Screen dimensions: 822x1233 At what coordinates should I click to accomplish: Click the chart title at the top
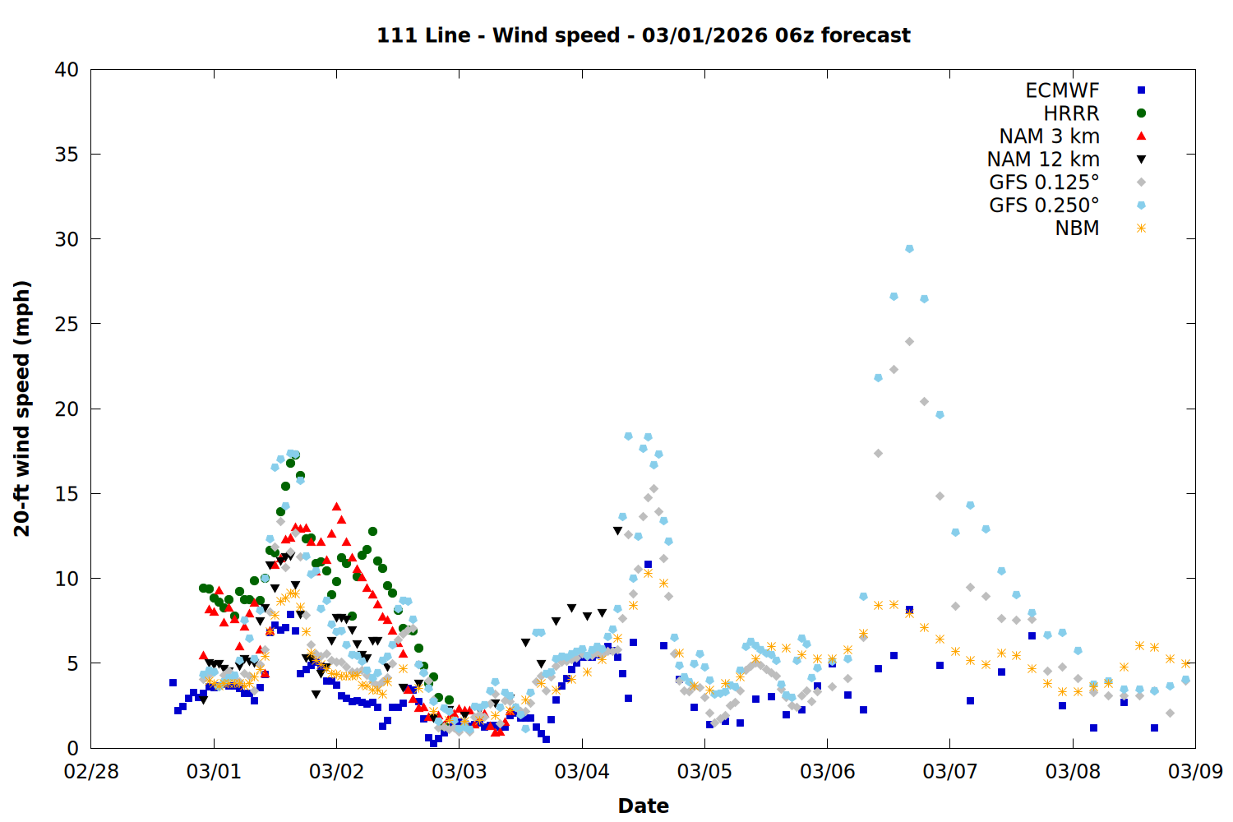pos(643,35)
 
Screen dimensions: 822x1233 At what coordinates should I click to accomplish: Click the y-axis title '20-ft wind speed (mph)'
pos(22,409)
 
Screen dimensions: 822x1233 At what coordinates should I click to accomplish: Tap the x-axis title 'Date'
pos(643,806)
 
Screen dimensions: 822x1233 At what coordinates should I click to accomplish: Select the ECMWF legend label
pos(1062,90)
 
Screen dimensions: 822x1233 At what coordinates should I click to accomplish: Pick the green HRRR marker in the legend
pos(1141,113)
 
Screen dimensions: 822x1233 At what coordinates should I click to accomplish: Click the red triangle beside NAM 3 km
pos(1141,136)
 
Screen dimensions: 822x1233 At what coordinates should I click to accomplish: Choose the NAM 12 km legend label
pos(1043,159)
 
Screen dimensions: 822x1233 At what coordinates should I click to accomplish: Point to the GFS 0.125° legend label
pos(1044,182)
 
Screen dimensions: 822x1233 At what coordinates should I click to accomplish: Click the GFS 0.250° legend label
pos(1044,205)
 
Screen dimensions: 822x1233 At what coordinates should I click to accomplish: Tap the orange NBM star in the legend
pos(1141,229)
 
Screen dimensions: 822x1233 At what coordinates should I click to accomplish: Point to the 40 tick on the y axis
pos(67,70)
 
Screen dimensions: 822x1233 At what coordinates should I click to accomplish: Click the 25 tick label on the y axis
pos(67,324)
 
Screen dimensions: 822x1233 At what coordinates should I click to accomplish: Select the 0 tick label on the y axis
pos(72,748)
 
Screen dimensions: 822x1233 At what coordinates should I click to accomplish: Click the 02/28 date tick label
pos(91,771)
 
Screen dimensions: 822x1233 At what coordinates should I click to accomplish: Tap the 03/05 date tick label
pos(704,771)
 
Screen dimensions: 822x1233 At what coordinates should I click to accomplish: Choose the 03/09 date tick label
pos(1195,771)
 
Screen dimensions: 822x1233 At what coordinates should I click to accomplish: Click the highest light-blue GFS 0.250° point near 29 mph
pos(909,248)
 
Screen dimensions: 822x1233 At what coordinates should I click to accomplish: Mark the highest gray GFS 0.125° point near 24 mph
pos(909,341)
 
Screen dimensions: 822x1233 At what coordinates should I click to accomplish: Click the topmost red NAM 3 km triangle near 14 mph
pos(336,507)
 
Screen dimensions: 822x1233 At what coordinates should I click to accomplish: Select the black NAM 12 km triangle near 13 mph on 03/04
pos(617,531)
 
